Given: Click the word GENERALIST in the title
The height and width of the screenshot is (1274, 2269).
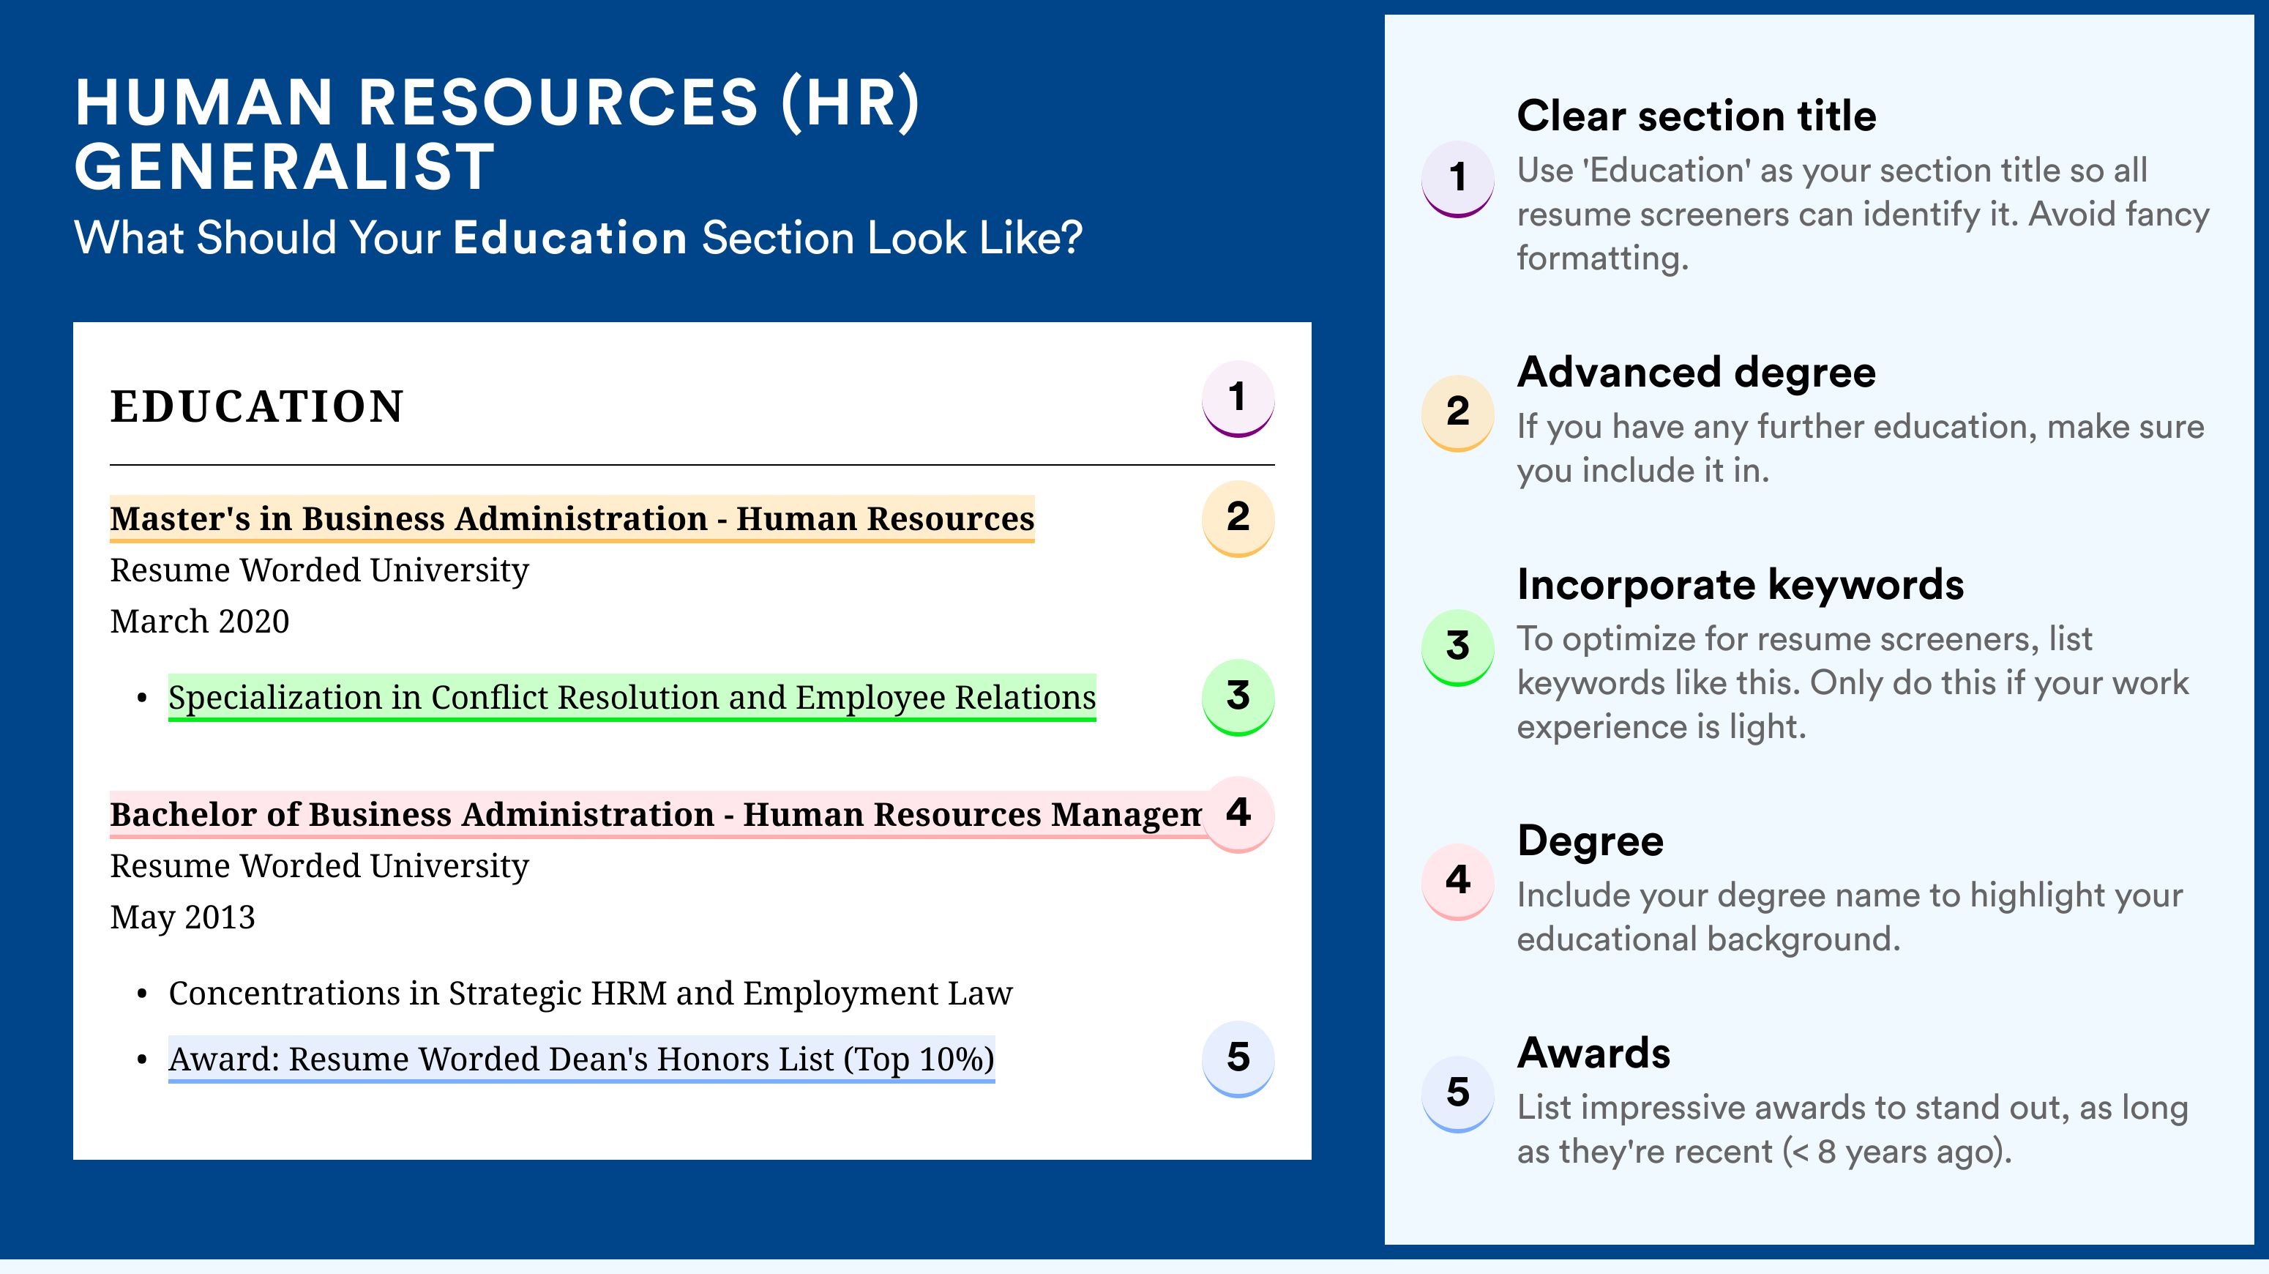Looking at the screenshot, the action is tap(285, 168).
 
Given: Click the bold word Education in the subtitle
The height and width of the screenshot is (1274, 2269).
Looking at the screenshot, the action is tap(570, 238).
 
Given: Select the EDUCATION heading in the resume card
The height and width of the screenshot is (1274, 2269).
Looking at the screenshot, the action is tap(257, 407).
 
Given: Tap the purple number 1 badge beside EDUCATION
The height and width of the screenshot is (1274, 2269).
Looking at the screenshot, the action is tap(1238, 399).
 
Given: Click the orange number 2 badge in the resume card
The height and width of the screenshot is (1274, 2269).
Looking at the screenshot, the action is tap(1238, 519).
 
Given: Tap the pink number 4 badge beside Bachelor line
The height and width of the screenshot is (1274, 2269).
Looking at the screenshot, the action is tap(1238, 814).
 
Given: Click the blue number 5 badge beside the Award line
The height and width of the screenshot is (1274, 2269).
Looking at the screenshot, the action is tap(1238, 1059).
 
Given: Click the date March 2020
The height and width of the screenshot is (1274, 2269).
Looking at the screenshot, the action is tap(200, 621).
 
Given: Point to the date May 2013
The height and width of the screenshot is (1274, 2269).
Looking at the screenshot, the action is tap(182, 918).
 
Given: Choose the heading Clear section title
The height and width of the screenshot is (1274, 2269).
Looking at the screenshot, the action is tap(1697, 116).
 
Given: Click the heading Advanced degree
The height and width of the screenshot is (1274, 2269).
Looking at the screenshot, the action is tap(1697, 373).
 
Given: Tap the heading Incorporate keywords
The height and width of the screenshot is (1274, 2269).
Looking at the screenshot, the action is tap(1741, 585).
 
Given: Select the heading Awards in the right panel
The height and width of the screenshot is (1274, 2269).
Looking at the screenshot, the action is tap(1593, 1053).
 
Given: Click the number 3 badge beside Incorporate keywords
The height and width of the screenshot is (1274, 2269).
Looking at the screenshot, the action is tap(1458, 647).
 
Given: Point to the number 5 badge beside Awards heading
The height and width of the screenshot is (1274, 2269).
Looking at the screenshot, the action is tap(1458, 1093).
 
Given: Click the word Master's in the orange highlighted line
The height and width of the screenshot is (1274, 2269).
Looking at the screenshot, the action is tap(181, 519).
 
